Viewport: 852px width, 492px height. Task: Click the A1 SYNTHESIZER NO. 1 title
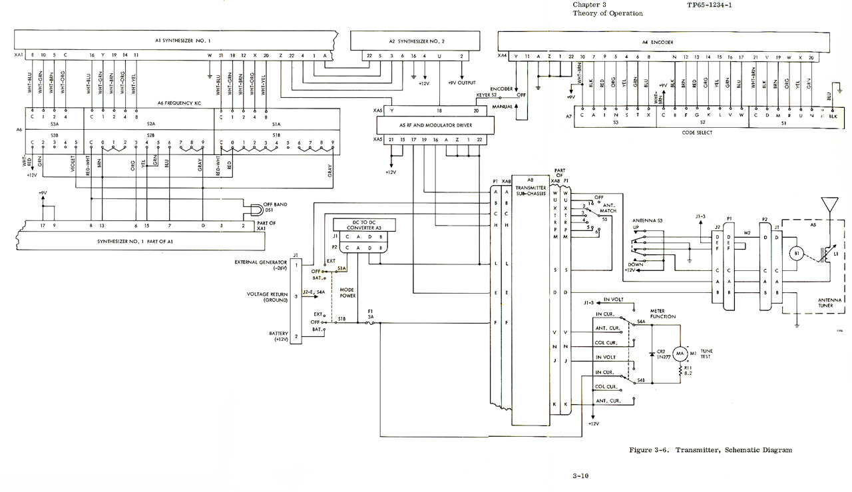(183, 41)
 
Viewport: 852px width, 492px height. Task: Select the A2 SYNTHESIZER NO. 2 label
(417, 41)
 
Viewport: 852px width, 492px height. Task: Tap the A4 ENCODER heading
(658, 42)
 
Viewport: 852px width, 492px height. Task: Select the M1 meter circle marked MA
(680, 353)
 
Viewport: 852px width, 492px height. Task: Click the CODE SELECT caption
(698, 132)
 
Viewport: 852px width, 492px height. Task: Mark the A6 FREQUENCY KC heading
(178, 103)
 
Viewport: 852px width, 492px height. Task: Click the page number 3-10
(580, 475)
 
